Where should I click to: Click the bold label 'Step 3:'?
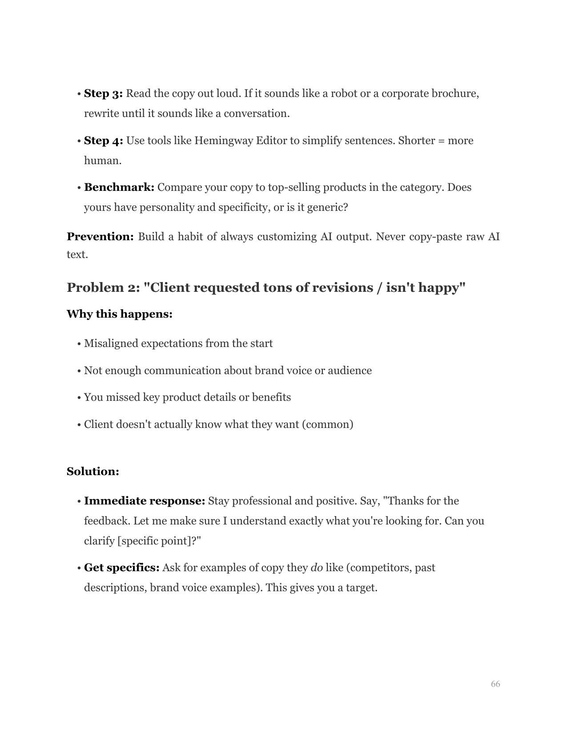pos(103,94)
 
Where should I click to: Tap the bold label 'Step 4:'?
pos(103,141)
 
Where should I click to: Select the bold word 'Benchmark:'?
pos(119,187)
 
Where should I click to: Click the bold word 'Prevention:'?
pos(100,237)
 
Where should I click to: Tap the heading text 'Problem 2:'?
pos(103,288)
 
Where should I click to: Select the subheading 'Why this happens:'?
pos(119,314)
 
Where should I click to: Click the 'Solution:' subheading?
pos(93,472)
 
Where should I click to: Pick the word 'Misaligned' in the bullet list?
pos(111,344)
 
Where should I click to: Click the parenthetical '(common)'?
pos(328,424)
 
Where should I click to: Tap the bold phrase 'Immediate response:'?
pos(145,501)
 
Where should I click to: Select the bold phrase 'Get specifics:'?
pos(121,568)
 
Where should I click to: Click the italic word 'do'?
pos(317,568)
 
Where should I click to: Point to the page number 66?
pos(495,684)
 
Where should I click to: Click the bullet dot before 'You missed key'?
pos(79,398)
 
